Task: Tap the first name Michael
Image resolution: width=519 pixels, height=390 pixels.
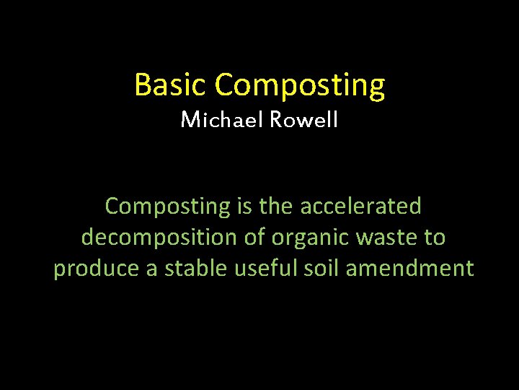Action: click(221, 119)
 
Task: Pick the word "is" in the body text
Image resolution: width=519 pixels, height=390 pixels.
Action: click(244, 206)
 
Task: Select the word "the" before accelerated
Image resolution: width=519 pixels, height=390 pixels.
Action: click(275, 206)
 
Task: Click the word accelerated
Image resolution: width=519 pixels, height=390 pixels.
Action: click(360, 206)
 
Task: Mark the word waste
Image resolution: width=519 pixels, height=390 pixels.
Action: click(383, 237)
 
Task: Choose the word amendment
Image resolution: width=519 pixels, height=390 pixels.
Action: click(409, 268)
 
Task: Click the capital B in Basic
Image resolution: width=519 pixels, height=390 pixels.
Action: click(142, 85)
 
